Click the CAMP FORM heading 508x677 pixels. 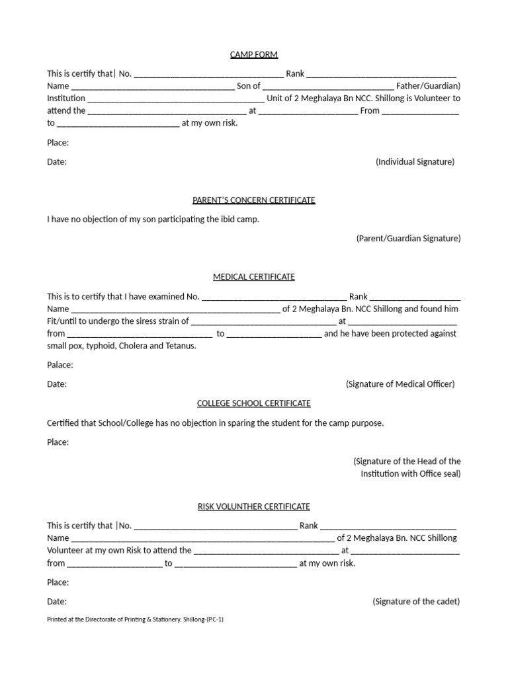point(254,54)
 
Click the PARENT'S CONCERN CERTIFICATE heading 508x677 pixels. point(254,200)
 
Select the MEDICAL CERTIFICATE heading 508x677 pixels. point(254,276)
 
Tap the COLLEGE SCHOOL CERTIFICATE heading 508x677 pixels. point(254,403)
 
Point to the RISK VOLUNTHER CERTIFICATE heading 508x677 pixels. point(254,506)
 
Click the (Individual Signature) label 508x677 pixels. point(415,162)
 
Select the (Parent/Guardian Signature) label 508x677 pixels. point(408,238)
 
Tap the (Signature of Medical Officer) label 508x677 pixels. point(400,384)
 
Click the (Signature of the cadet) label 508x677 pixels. point(416,602)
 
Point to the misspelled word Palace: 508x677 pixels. point(60,365)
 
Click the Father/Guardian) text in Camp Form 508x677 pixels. point(428,86)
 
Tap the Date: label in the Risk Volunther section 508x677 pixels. point(57,602)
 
